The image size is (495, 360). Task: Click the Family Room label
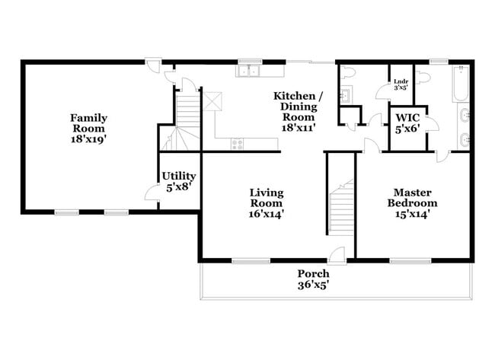coord(88,129)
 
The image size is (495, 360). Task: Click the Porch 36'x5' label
coord(313,279)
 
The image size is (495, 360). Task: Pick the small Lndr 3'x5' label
coord(400,86)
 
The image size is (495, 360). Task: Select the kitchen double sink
coord(248,72)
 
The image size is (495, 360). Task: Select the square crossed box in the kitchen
coord(209,100)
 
